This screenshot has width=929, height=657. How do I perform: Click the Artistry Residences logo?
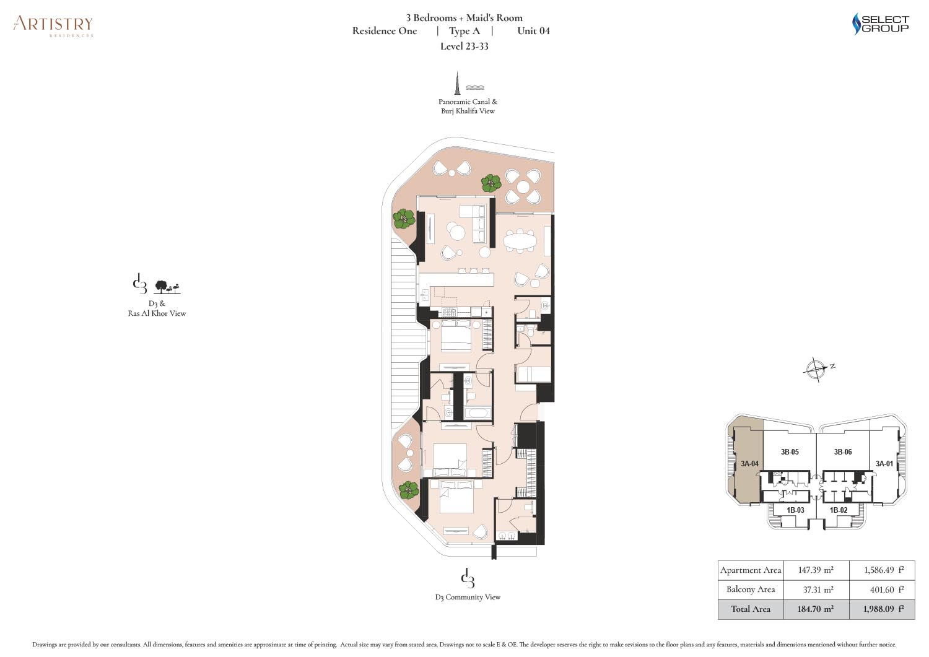[53, 27]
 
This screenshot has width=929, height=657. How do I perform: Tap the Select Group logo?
[880, 24]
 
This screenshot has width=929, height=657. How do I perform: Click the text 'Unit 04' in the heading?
[533, 31]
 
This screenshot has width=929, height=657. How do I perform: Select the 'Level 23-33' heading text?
[464, 46]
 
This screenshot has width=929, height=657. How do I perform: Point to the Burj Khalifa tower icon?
[458, 83]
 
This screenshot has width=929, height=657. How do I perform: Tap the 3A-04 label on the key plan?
[749, 464]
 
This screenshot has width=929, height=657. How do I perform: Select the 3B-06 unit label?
[843, 451]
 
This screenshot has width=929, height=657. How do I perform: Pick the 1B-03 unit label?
[795, 510]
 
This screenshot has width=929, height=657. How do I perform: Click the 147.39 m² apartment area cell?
[816, 570]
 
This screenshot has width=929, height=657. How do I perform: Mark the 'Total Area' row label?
[751, 609]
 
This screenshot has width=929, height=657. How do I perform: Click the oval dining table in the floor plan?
[520, 240]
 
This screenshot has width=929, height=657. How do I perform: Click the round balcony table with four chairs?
[523, 186]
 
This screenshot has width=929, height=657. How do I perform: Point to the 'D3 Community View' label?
[468, 597]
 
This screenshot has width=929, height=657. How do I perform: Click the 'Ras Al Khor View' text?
[157, 313]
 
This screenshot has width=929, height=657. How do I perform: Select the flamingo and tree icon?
[168, 287]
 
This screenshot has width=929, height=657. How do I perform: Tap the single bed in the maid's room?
[534, 374]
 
